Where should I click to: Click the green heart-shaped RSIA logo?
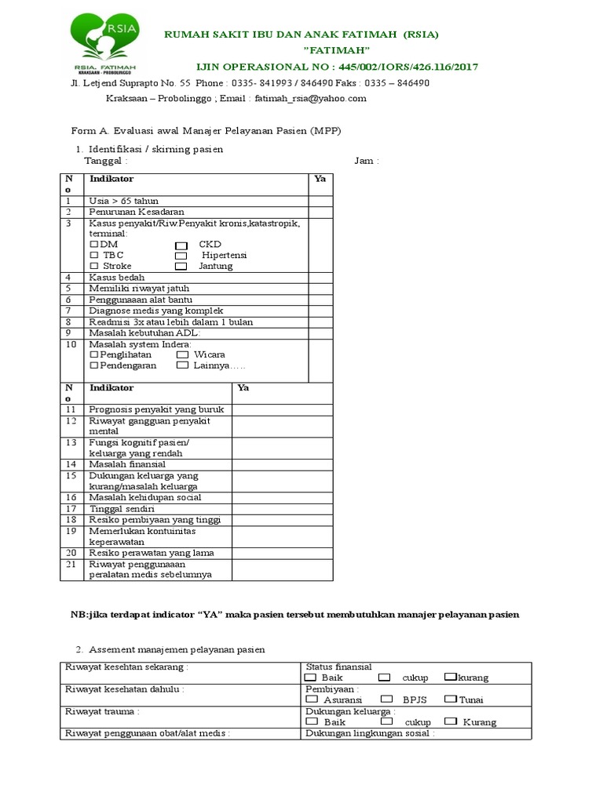click(x=105, y=40)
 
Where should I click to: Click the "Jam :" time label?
click(x=367, y=161)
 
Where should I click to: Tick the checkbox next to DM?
click(x=94, y=245)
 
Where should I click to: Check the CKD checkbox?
click(x=181, y=245)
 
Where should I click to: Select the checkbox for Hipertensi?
click(x=181, y=256)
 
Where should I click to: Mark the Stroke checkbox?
click(x=94, y=267)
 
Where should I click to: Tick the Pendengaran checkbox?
click(x=94, y=365)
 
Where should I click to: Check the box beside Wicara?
click(x=181, y=354)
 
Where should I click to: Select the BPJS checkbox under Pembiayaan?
click(x=386, y=699)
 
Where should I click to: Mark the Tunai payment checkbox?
click(x=451, y=699)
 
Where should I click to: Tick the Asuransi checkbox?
click(x=312, y=699)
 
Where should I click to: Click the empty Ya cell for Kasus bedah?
click(x=320, y=278)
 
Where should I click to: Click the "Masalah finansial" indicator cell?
click(x=126, y=464)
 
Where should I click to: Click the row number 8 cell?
click(x=72, y=322)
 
